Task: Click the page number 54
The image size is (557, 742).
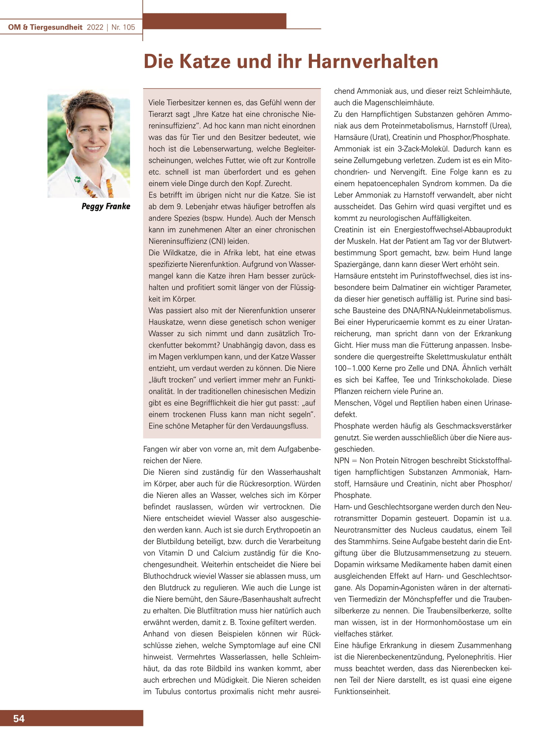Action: [19, 718]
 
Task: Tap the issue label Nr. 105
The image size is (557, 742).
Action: [123, 27]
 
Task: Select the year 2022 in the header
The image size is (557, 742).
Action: [95, 27]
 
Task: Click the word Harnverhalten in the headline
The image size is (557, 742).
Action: [373, 62]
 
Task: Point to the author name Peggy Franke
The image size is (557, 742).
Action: [106, 206]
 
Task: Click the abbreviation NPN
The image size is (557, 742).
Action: [341, 461]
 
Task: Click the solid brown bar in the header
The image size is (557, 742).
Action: [215, 21]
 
